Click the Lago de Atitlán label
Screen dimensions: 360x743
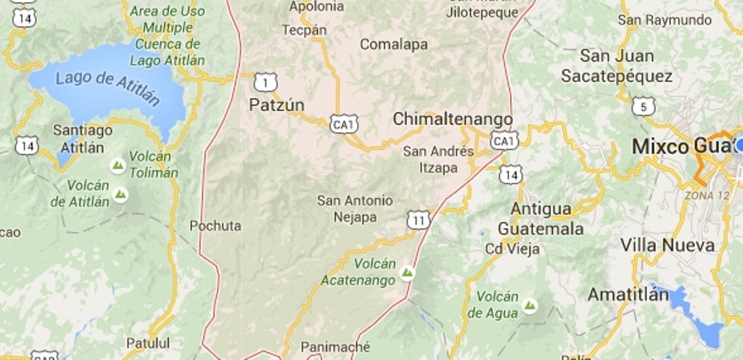[107, 87]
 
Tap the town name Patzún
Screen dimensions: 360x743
[276, 105]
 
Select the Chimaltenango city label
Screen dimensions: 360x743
[453, 119]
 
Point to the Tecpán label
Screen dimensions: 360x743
[304, 30]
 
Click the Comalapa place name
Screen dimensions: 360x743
[394, 45]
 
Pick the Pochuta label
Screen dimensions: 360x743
[215, 226]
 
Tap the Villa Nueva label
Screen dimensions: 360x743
[667, 245]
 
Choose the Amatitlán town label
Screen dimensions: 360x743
[628, 295]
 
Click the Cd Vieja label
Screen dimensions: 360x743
[512, 249]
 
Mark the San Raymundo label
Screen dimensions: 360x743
[665, 20]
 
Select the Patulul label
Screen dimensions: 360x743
[148, 343]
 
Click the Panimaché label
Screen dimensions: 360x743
[335, 347]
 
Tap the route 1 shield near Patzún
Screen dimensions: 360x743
[266, 83]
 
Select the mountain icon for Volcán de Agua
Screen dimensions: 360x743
[530, 306]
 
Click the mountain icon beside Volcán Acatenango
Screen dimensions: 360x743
[407, 273]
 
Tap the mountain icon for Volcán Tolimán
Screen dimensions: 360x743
[118, 166]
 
